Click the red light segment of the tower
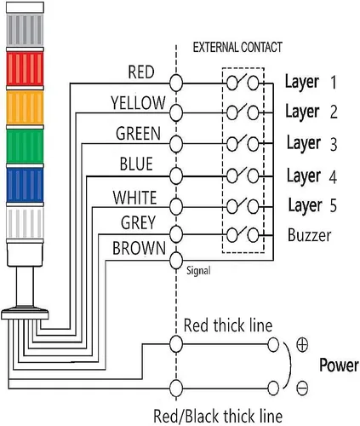[x=25, y=68]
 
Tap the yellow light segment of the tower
[x=25, y=107]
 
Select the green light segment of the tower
[x=25, y=147]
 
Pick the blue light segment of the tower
[x=25, y=185]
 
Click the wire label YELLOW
[x=138, y=103]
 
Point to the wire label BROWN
[x=139, y=248]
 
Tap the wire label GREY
[x=139, y=222]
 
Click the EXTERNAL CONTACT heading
[x=237, y=47]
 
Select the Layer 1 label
[x=311, y=83]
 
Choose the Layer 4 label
[x=311, y=176]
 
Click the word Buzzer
[x=309, y=235]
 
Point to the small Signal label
[x=198, y=271]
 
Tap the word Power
[x=339, y=365]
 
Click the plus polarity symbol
[x=302, y=345]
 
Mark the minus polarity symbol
[x=302, y=389]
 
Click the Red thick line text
[x=228, y=325]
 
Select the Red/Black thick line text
[x=218, y=416]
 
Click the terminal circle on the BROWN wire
[x=176, y=260]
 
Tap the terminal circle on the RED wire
[x=176, y=83]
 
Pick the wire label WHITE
[x=134, y=198]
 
